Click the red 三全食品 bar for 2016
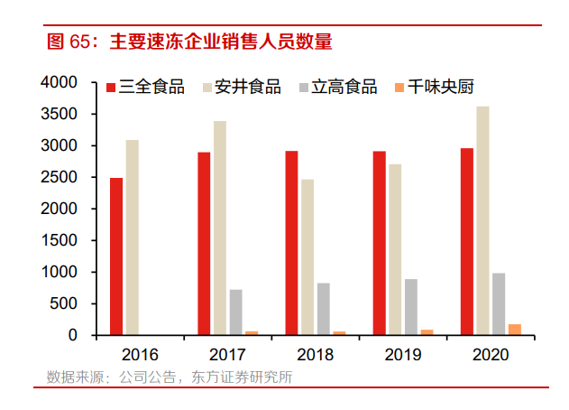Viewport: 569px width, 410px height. (116, 256)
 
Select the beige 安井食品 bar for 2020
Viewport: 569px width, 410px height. (483, 220)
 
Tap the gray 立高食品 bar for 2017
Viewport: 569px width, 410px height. (235, 312)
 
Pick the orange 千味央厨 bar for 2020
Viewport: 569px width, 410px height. (514, 330)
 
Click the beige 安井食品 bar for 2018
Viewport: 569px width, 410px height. (307, 257)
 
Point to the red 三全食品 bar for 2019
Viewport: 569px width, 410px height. (380, 243)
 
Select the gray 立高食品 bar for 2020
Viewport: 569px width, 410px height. (499, 303)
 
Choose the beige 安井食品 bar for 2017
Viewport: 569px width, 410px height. (220, 228)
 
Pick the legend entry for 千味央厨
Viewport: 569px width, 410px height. (433, 88)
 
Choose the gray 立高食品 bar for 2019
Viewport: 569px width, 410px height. (410, 307)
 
